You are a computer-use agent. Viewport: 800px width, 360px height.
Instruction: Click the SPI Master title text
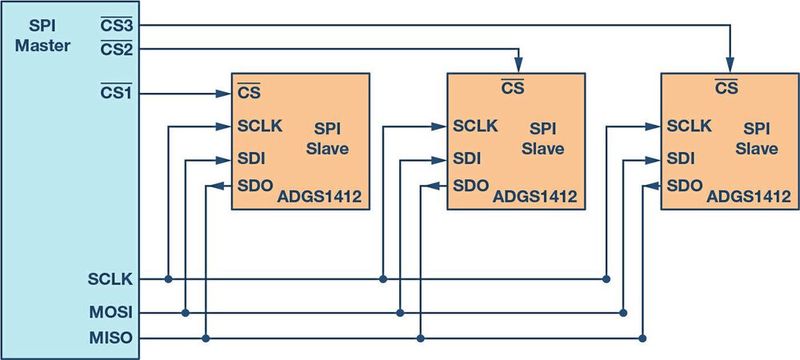pyautogui.click(x=43, y=33)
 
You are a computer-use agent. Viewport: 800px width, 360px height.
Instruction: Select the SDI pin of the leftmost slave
pyautogui.click(x=250, y=159)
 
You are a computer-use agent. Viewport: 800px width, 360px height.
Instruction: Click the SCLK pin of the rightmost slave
pyautogui.click(x=688, y=126)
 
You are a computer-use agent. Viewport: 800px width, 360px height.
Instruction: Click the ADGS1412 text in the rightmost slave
pyautogui.click(x=749, y=197)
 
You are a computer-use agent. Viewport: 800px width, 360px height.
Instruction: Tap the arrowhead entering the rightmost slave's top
pyautogui.click(x=729, y=66)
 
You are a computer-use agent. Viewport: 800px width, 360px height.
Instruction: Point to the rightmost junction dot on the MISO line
pyautogui.click(x=641, y=337)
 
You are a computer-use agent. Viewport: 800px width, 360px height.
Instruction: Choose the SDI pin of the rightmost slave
pyautogui.click(x=680, y=158)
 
